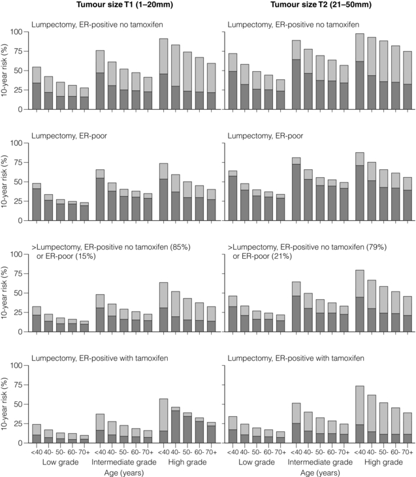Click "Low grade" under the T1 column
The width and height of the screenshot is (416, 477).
(59, 461)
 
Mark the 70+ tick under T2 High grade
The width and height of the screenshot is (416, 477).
(408, 452)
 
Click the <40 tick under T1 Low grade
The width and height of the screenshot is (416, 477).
(37, 452)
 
